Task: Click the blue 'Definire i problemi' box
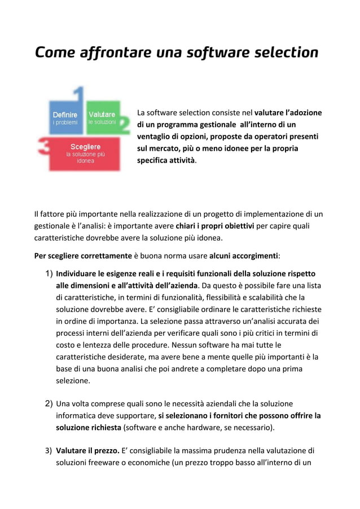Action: coord(65,118)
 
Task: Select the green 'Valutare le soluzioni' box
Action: coord(102,118)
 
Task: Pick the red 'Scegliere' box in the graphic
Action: coord(85,153)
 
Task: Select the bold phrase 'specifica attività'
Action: coord(166,160)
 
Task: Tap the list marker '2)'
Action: coord(49,403)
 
